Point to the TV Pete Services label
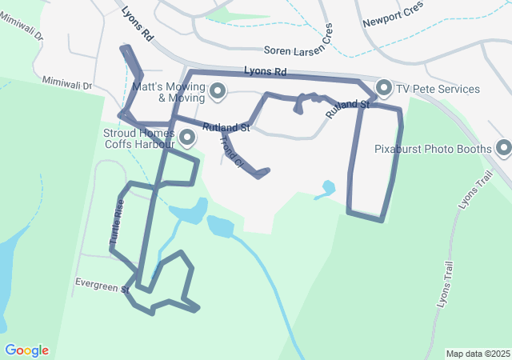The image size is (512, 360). click(x=439, y=89)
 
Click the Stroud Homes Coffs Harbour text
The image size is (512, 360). click(x=138, y=138)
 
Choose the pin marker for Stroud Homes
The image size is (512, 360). click(x=188, y=138)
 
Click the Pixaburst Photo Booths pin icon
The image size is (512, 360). click(x=503, y=148)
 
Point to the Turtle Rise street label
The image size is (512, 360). click(x=117, y=222)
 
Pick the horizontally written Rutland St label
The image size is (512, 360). click(x=226, y=127)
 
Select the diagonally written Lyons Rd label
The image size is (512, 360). click(x=138, y=24)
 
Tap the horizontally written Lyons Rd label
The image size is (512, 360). click(x=265, y=72)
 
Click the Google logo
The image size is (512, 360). click(x=26, y=350)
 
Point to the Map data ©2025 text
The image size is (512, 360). click(x=477, y=354)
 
